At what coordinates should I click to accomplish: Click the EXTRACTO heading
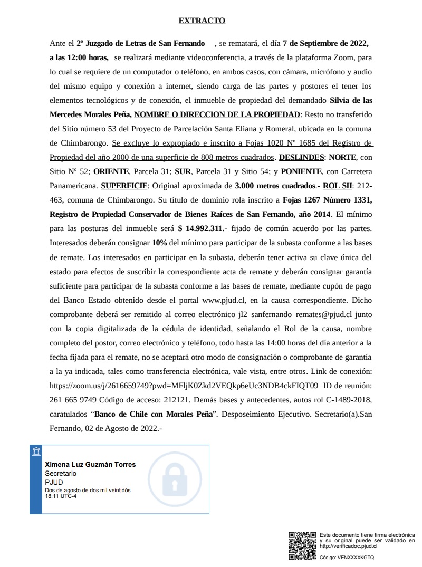(x=202, y=21)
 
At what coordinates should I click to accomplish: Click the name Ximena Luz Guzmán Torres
(x=90, y=465)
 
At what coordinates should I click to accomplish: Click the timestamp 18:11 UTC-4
(x=61, y=496)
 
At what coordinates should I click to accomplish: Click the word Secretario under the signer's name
(x=61, y=474)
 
